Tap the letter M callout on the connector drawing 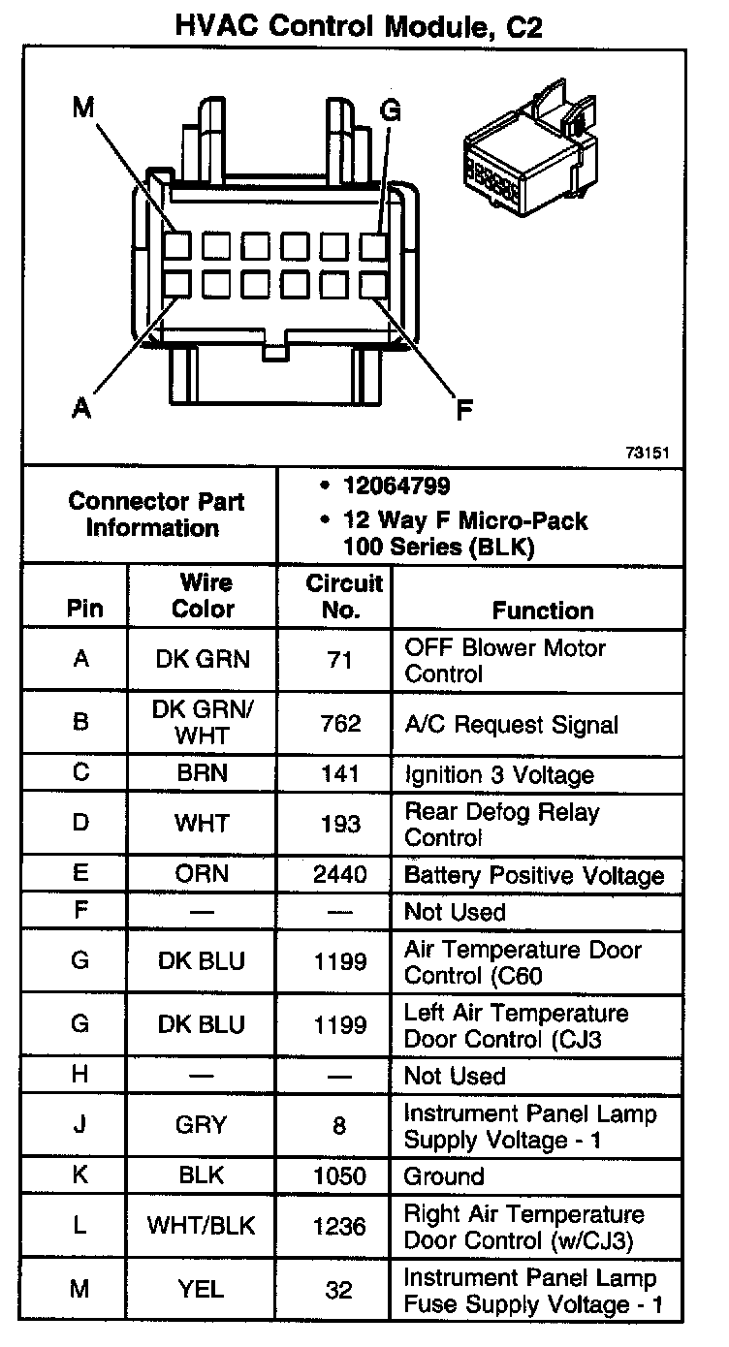point(82,110)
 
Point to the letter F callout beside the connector point(464,410)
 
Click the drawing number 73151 point(649,452)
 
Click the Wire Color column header point(203,596)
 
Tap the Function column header point(543,610)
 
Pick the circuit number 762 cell point(338,724)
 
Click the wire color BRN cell point(203,774)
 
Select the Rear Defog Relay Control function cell point(502,824)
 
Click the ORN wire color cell point(203,874)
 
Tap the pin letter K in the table point(80,1175)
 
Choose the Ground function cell point(444,1176)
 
